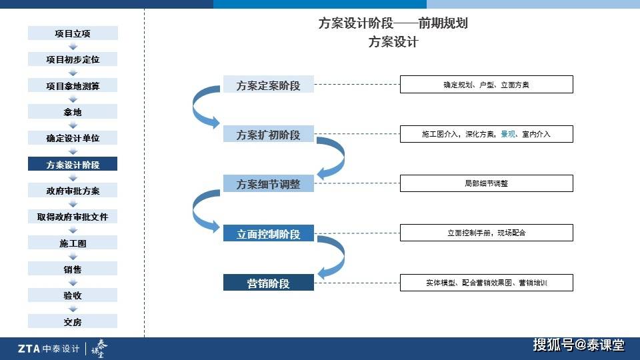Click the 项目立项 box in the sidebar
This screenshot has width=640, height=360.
73,33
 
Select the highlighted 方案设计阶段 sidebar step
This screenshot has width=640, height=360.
73,164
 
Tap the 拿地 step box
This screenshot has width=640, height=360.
73,111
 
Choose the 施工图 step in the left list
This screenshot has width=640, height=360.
73,243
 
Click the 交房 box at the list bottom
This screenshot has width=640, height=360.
73,321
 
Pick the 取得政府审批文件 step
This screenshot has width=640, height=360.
73,216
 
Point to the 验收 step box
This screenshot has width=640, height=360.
73,295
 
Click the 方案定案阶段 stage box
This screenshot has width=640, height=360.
269,85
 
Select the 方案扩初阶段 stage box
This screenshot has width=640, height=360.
269,134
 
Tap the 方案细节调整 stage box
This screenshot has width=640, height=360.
269,184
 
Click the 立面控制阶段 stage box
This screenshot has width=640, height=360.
269,233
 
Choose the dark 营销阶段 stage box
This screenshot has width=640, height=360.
269,283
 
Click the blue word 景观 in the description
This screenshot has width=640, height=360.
508,134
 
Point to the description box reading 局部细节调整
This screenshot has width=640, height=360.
487,183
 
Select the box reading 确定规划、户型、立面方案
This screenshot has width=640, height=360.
487,85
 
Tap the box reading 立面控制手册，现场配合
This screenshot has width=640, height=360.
487,233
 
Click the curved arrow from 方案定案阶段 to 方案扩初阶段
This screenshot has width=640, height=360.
194,107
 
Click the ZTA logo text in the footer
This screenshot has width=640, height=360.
29,349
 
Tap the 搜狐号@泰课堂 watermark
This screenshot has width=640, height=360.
579,345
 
